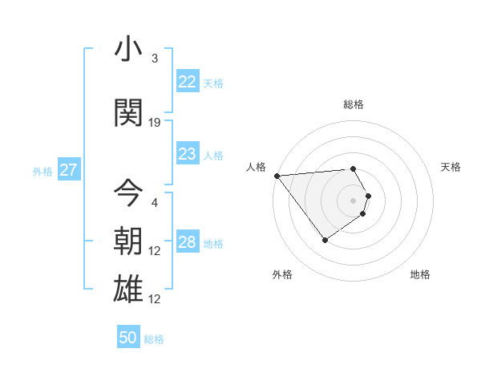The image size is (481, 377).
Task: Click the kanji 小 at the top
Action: pyautogui.click(x=129, y=49)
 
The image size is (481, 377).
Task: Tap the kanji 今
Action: pyautogui.click(x=129, y=193)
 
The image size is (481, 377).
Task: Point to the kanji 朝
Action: pyautogui.click(x=129, y=241)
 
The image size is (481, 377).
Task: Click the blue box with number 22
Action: pyautogui.click(x=187, y=82)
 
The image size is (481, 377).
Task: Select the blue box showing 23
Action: pyautogui.click(x=187, y=154)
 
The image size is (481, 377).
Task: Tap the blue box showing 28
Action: pyautogui.click(x=187, y=242)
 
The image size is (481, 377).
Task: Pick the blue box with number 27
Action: pyautogui.click(x=68, y=170)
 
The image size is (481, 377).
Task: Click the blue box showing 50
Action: pyautogui.click(x=128, y=338)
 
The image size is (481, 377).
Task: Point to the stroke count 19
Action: pyautogui.click(x=155, y=123)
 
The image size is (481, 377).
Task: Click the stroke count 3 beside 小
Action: pyautogui.click(x=155, y=59)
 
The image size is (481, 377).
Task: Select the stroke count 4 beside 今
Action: pyautogui.click(x=155, y=203)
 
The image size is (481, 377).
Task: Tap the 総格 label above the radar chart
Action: pyautogui.click(x=354, y=104)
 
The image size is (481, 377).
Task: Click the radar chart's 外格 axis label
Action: pyautogui.click(x=282, y=274)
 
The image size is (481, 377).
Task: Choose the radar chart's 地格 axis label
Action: pyautogui.click(x=420, y=274)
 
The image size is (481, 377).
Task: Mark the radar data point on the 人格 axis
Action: pyautogui.click(x=277, y=176)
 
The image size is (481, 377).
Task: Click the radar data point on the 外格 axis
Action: pyautogui.click(x=325, y=240)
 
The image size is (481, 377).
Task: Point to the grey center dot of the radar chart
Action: pyautogui.click(x=354, y=200)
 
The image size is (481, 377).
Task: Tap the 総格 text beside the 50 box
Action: pyautogui.click(x=154, y=339)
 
